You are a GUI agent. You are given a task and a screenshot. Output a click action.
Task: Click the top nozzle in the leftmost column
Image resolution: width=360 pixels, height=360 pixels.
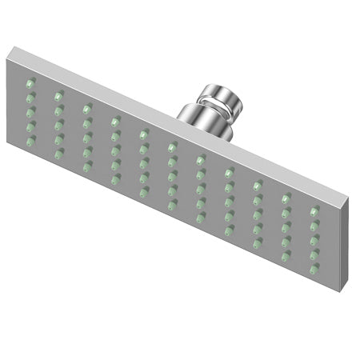click(x=30, y=82)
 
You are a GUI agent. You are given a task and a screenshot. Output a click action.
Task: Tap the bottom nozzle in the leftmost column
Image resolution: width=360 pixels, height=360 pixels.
click(x=30, y=142)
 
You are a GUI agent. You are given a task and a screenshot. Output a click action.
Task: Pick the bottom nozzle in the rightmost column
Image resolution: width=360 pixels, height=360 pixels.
click(x=314, y=270)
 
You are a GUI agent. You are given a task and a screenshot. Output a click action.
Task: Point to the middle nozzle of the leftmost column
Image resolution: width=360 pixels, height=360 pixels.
click(x=30, y=112)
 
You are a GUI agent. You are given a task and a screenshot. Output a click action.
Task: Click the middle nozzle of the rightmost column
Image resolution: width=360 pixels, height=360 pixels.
click(x=314, y=241)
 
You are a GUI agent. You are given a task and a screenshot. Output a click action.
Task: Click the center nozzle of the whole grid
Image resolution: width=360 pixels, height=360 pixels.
click(x=171, y=177)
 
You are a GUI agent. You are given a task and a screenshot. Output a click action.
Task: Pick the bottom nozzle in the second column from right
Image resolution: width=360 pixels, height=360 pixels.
click(x=285, y=258)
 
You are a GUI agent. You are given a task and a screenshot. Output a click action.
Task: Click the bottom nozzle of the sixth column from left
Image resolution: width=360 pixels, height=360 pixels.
click(x=171, y=206)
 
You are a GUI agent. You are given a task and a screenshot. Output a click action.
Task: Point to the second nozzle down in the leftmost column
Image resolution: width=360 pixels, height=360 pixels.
click(x=30, y=98)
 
